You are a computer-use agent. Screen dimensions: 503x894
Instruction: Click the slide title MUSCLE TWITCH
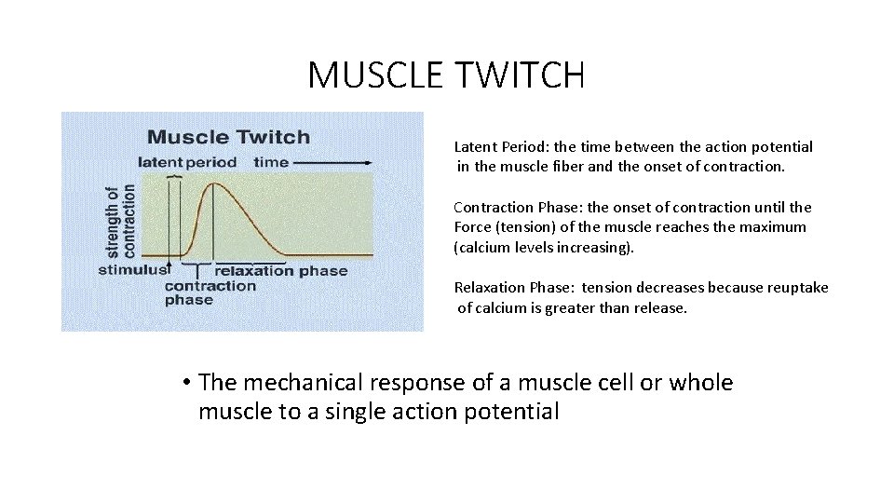point(446,75)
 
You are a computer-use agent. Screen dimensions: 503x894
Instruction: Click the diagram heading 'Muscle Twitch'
point(228,137)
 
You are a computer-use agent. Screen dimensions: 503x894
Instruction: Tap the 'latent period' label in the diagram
point(186,161)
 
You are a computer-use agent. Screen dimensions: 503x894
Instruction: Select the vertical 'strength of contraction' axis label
point(120,220)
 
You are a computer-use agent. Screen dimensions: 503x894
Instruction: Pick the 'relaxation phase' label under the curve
point(280,271)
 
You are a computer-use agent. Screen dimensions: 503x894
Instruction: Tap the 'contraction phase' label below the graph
point(210,292)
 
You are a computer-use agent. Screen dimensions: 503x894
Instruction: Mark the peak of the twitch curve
point(215,184)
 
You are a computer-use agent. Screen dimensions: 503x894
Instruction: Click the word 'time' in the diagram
point(271,161)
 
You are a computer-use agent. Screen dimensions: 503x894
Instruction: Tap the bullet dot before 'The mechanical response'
point(187,383)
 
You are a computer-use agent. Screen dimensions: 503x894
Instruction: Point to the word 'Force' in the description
point(473,227)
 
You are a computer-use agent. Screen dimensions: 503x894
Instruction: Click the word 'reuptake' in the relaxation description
point(797,288)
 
